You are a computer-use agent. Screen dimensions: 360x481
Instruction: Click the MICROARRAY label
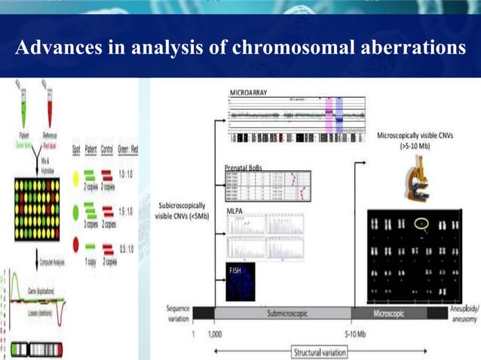point(250,91)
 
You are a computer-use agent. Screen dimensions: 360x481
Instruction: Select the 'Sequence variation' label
point(178,313)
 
